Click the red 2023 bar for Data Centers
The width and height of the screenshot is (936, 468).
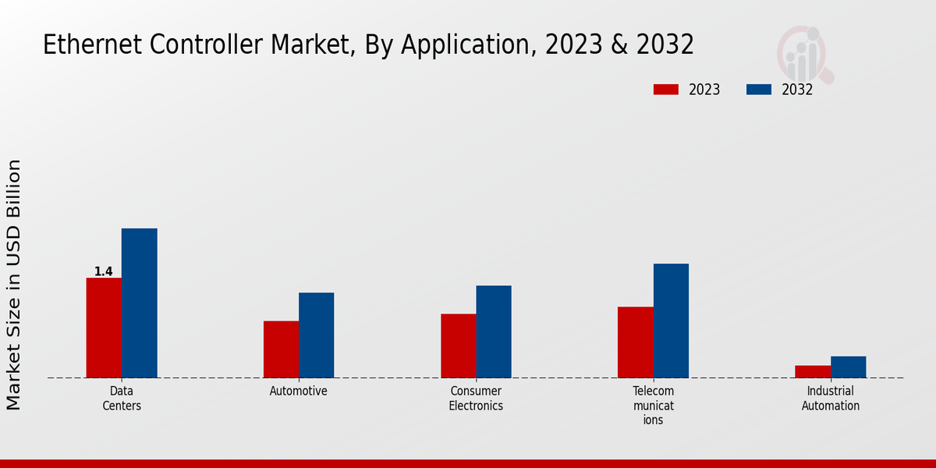coord(104,328)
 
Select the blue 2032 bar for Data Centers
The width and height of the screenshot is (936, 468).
coord(139,303)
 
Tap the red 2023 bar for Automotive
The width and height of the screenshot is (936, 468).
coord(281,349)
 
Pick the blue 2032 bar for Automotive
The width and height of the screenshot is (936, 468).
coord(316,335)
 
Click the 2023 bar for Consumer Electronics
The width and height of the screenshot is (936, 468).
coord(458,346)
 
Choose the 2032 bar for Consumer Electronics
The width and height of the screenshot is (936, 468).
coord(494,331)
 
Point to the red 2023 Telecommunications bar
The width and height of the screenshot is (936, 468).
coord(635,342)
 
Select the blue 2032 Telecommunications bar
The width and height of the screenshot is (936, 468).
coord(671,321)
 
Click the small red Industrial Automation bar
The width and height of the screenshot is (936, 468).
coord(812,371)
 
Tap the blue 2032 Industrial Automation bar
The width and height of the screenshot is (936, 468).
coord(848,367)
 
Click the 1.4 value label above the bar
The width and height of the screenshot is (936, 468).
coord(104,271)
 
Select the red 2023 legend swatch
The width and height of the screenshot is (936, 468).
coord(665,90)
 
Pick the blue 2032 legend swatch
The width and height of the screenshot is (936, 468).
coord(758,90)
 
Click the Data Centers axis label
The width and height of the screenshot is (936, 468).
coord(122,398)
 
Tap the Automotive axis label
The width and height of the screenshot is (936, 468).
coord(299,391)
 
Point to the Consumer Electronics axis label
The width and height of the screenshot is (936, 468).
coord(476,398)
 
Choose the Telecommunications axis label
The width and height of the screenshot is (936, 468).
coord(653,405)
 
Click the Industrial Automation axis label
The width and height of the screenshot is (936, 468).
coord(830,398)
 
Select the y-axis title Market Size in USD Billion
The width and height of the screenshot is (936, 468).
coord(14,285)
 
